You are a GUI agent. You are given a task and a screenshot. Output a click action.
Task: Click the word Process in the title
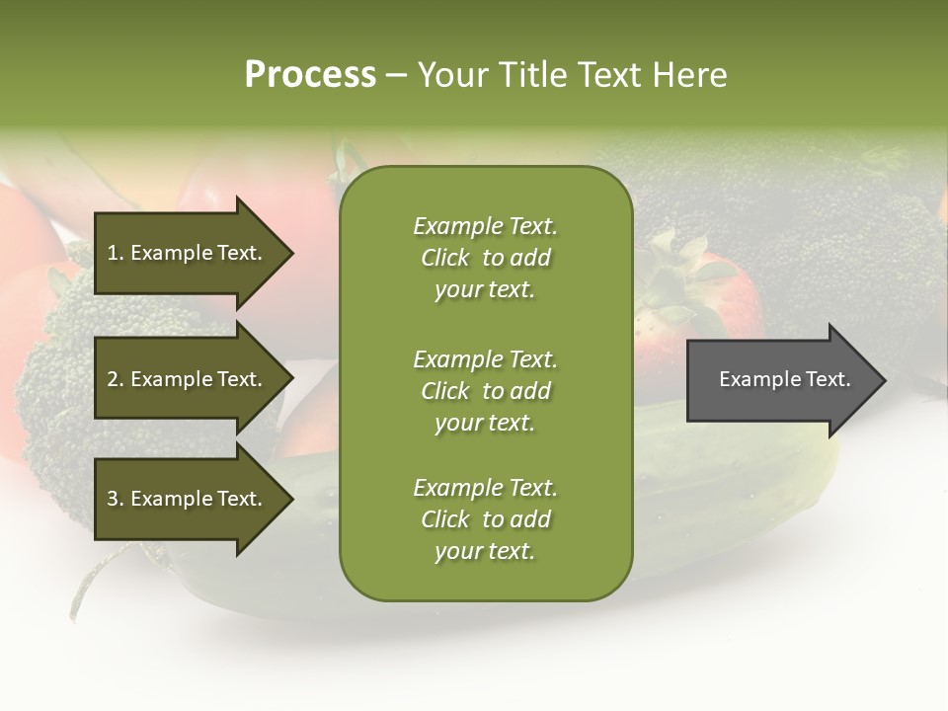click(310, 75)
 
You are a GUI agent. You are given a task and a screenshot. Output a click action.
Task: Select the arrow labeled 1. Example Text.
click(188, 253)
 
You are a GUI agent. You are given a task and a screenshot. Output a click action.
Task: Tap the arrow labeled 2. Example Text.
click(188, 379)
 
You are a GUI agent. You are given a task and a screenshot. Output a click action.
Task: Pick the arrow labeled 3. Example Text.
click(188, 499)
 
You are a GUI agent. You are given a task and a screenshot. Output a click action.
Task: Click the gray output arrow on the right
click(780, 380)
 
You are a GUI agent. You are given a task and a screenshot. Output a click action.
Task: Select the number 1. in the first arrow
click(116, 253)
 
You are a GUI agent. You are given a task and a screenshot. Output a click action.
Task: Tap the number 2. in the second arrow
click(116, 379)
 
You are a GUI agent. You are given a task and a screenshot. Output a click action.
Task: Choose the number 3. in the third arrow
click(116, 499)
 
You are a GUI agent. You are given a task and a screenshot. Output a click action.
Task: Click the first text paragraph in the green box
click(485, 258)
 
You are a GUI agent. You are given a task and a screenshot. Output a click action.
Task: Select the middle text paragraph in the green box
click(485, 391)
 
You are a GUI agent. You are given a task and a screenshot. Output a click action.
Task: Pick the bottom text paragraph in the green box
click(485, 519)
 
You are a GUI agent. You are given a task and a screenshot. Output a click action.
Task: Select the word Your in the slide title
click(451, 75)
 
